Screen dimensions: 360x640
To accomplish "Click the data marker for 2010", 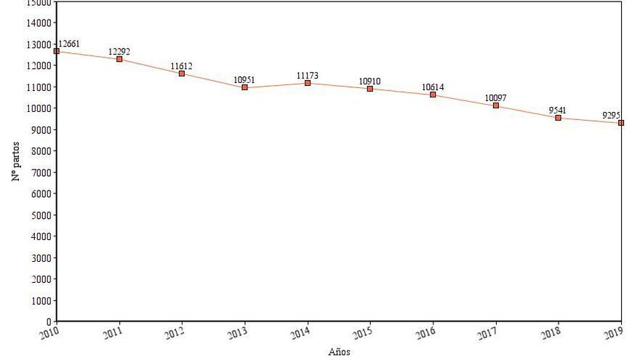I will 57,51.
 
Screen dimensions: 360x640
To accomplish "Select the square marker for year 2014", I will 308,83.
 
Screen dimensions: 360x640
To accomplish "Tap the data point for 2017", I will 496,105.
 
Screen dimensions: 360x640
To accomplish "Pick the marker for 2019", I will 621,123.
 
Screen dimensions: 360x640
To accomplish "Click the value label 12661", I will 69,44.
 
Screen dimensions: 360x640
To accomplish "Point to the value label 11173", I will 308,75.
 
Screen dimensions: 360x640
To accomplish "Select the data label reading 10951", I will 244,79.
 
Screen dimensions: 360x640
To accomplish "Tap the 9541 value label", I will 558,111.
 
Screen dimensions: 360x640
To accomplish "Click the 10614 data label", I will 433,87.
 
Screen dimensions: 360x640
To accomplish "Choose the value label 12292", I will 119,51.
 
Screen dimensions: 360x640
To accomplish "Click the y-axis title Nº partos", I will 16,161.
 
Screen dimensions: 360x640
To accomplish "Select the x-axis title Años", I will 339,352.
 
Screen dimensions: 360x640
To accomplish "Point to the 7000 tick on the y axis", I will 40,172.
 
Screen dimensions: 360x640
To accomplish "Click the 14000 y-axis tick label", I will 38,23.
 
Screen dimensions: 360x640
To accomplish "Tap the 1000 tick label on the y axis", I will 40,300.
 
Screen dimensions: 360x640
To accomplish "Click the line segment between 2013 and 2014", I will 276,85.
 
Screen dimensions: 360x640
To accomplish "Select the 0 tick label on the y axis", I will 49,321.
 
